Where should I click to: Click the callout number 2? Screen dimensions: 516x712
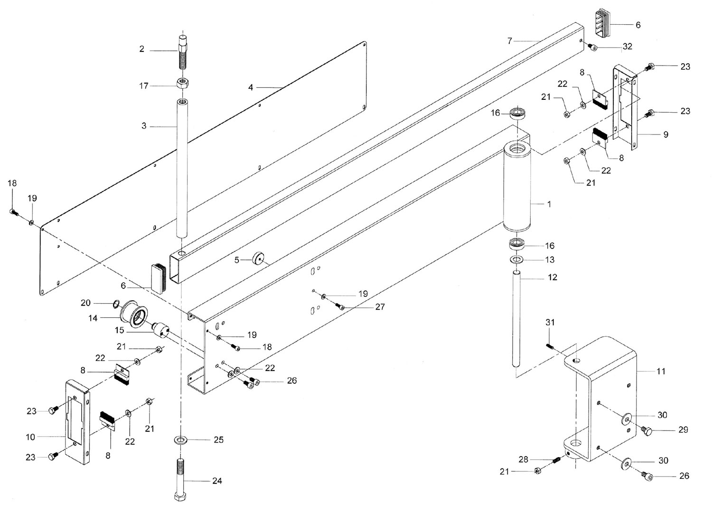click(x=141, y=49)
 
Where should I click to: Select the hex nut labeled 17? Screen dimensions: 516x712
click(x=183, y=85)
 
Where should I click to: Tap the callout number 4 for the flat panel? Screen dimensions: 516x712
click(x=251, y=87)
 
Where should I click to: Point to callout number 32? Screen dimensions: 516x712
click(x=628, y=47)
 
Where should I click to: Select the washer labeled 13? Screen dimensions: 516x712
click(x=516, y=259)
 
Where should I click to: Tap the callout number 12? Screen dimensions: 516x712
click(x=552, y=277)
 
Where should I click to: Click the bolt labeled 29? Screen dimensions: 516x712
click(x=646, y=430)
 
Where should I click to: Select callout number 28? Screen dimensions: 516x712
click(x=523, y=459)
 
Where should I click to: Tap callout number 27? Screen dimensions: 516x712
click(x=380, y=307)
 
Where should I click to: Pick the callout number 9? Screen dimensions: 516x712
click(x=665, y=134)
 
